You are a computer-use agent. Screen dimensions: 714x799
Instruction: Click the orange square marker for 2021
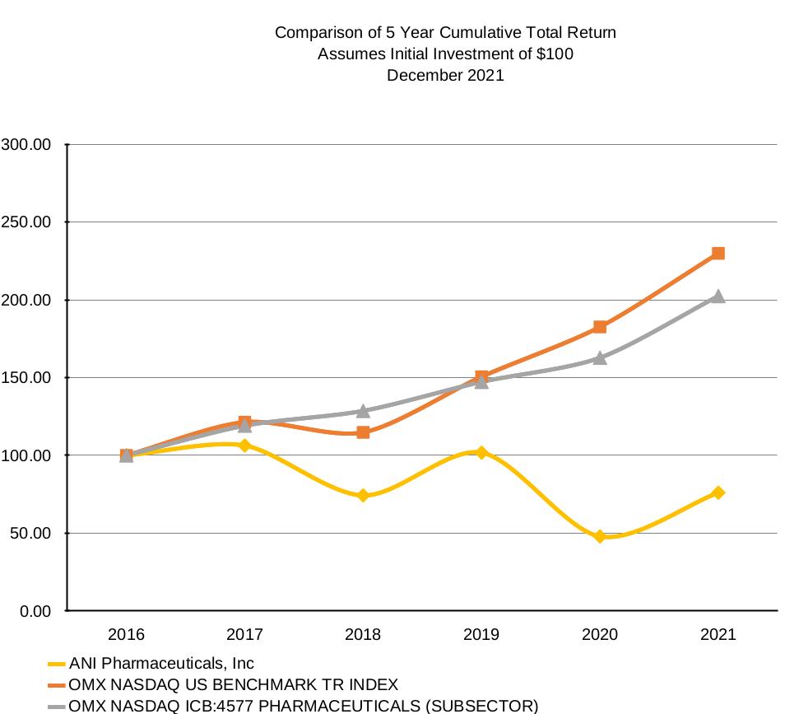point(718,254)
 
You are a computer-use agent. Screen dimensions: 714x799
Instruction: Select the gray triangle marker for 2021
point(718,296)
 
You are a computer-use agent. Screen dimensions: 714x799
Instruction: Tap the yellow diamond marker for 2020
point(600,536)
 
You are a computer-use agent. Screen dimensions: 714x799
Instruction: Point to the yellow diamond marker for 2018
point(363,496)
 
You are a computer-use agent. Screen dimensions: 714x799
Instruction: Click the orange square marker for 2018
point(363,432)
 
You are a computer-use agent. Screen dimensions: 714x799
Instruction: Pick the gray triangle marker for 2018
point(363,411)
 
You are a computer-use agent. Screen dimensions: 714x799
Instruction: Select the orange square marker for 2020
point(600,327)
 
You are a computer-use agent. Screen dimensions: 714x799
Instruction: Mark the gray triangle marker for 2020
point(600,358)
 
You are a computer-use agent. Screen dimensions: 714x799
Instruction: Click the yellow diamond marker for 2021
point(718,492)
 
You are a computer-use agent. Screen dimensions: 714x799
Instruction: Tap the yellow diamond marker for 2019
point(481,452)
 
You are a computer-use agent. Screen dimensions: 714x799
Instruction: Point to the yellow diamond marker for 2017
point(244,446)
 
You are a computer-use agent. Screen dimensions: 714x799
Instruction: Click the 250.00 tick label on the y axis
point(26,222)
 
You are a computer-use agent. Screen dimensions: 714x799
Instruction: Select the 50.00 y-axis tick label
point(30,533)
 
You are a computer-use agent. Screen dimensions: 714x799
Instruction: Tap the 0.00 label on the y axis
point(34,611)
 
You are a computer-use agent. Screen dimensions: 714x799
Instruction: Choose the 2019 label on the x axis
point(481,634)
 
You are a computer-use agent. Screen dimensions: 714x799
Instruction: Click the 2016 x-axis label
point(126,634)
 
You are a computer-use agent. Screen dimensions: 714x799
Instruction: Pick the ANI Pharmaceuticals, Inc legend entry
point(161,664)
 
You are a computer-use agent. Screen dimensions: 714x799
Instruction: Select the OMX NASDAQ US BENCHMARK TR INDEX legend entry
point(233,684)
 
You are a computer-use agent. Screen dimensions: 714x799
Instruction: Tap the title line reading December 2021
point(445,75)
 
